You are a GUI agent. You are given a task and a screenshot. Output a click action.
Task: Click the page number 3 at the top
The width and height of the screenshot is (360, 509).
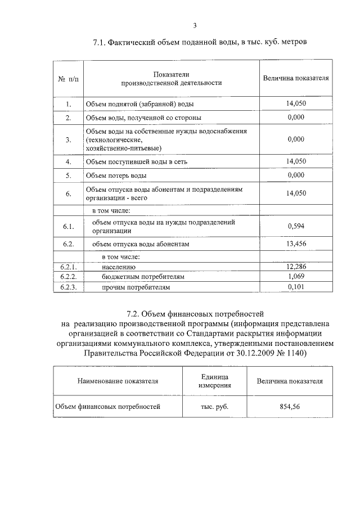pos(194,25)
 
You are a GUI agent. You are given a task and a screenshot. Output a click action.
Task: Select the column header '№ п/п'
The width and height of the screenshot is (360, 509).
pos(68,78)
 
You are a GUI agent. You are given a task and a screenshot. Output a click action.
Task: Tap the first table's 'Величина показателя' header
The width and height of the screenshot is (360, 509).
pos(295,78)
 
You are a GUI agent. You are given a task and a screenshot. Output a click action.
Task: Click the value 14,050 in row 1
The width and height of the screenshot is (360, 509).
pos(295,103)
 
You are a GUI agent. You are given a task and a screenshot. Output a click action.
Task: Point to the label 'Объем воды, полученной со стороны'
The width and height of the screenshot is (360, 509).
pos(143,118)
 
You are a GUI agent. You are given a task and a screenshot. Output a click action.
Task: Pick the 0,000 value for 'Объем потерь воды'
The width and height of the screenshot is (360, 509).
pos(295,175)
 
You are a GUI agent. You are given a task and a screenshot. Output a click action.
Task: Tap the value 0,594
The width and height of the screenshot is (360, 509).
pos(295,226)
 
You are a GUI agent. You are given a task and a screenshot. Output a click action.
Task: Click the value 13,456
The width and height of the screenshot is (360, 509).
pos(295,244)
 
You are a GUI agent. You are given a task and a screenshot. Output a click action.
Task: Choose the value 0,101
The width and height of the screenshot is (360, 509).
pos(295,287)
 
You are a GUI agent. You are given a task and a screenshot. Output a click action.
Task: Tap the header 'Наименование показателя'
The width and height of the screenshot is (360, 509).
pos(118,381)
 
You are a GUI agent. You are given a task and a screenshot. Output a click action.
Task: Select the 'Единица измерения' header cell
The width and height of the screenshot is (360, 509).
pos(214,381)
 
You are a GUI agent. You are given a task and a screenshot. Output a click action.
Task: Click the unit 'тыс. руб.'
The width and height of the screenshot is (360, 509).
pos(214,406)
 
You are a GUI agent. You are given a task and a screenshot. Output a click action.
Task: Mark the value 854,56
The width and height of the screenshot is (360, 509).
pos(290,406)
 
